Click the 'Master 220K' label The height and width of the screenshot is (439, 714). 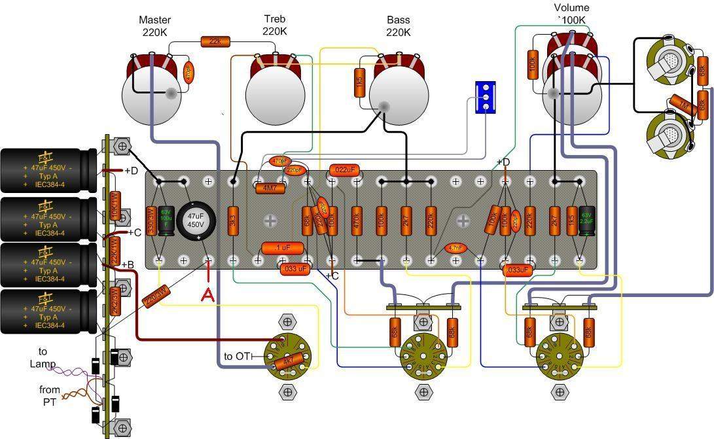[x=154, y=26]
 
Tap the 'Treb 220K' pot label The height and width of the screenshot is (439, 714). [x=274, y=26]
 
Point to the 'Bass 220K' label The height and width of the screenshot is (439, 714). [x=398, y=26]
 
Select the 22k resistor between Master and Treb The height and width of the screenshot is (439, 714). [x=214, y=42]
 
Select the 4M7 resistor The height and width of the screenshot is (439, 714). [x=269, y=187]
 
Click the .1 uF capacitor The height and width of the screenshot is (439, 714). [x=283, y=248]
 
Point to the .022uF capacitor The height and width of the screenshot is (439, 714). [x=344, y=170]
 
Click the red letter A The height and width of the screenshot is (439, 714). [x=207, y=295]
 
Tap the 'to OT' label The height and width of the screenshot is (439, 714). [x=238, y=357]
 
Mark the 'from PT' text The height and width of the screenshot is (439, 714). [x=50, y=396]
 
